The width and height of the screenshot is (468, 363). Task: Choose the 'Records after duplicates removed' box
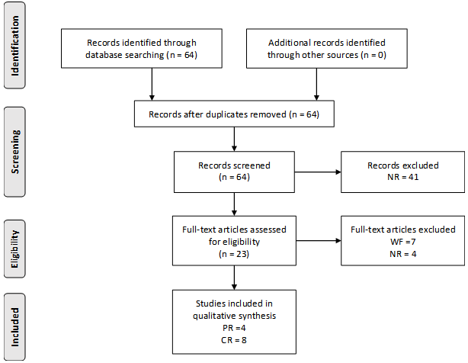[x=234, y=115]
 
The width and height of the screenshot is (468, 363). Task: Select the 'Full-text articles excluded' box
[x=403, y=242]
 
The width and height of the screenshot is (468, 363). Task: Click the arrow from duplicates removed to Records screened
[x=234, y=139]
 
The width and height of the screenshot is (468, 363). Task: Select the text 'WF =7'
[x=403, y=242]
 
